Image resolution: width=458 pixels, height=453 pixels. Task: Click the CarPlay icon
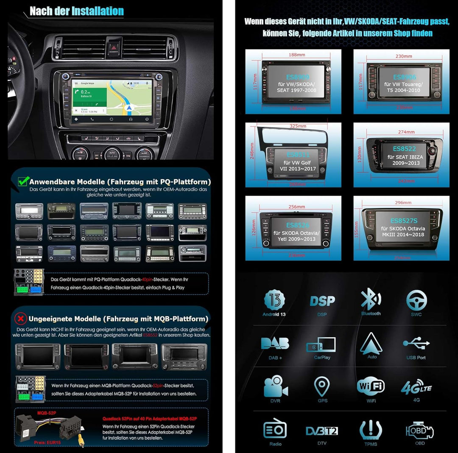(321, 344)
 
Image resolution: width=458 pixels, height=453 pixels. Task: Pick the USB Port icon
(416, 343)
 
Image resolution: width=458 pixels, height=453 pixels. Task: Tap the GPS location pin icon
(322, 386)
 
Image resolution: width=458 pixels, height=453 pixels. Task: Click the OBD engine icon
(419, 431)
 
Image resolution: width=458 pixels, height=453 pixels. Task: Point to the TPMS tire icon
(371, 431)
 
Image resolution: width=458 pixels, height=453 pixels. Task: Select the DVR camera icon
(275, 386)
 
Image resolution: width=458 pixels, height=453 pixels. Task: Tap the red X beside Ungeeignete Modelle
(20, 319)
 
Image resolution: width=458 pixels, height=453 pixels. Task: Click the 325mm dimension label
(298, 126)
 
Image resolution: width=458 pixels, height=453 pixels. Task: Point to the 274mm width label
(406, 132)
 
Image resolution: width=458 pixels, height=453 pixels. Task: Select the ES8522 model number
(404, 149)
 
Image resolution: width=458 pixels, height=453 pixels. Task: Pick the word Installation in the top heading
(97, 11)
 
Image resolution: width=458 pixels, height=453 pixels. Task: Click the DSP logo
(322, 301)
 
